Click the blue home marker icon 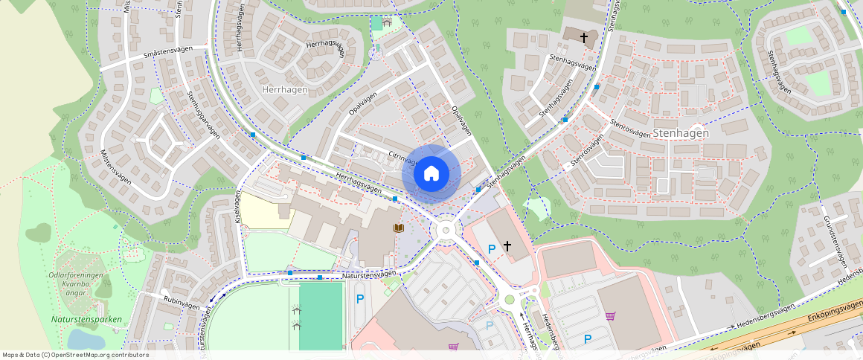(x=431, y=174)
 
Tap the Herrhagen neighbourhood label (x=284, y=89)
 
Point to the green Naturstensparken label (x=86, y=319)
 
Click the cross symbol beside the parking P (x=508, y=245)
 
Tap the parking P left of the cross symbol (x=491, y=248)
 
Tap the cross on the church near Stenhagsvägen (x=584, y=36)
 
